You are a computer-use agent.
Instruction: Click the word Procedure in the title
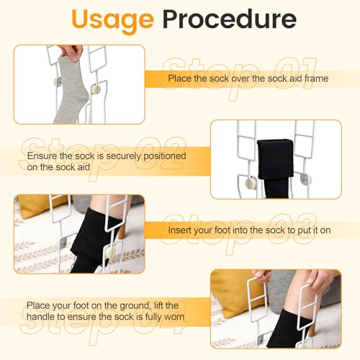[230, 19]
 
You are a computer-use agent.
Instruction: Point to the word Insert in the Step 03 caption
[180, 230]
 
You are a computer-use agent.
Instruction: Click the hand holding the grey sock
[71, 53]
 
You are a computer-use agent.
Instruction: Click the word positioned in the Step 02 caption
[165, 156]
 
